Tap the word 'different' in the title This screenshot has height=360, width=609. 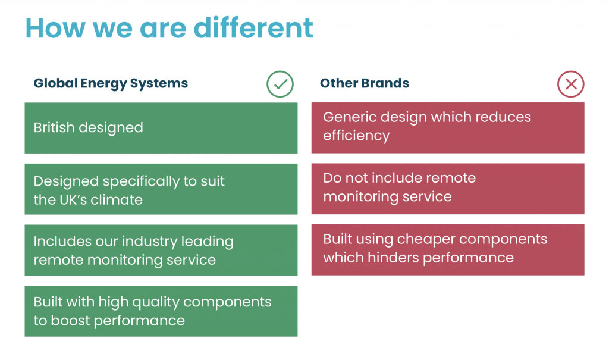tap(253, 28)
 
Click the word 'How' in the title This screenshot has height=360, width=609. tap(55, 28)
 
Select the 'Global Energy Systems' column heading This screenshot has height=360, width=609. tap(111, 83)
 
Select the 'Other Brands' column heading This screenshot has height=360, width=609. tap(365, 83)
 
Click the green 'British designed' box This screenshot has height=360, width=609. tap(161, 128)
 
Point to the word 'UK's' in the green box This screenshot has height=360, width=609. tap(74, 200)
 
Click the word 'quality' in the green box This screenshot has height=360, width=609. tap(155, 303)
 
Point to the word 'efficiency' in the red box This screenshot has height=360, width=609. tap(356, 136)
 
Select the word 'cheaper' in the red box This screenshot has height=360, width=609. tap(425, 239)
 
